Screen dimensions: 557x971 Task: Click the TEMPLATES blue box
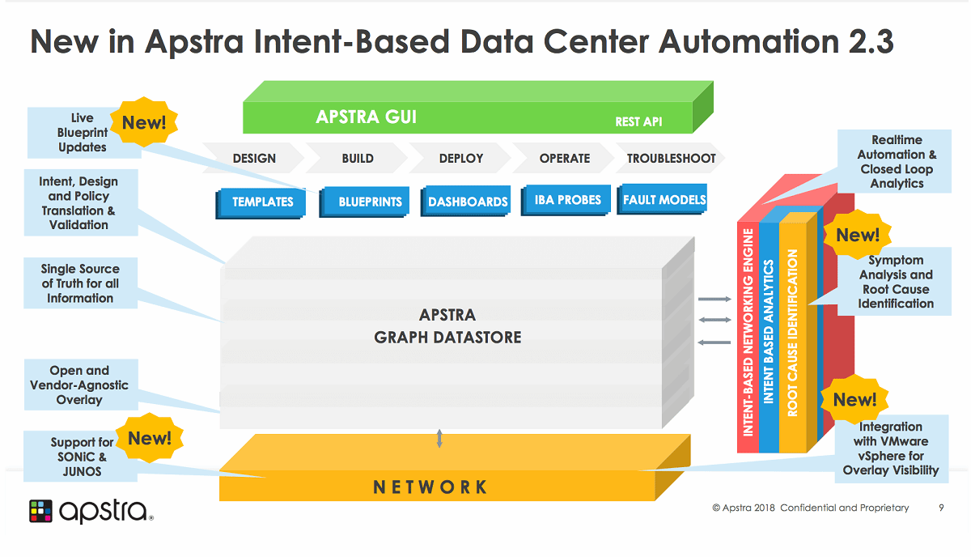262,202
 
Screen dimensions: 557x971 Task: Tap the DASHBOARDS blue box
467,202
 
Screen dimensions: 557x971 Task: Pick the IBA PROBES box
568,199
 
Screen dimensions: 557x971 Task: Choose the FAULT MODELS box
664,199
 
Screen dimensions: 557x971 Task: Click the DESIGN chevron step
254,159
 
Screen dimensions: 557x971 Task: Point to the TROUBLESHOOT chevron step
671,159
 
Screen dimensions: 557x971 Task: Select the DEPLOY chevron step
461,159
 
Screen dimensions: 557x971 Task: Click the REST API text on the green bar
638,122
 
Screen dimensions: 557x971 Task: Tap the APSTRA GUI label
366,117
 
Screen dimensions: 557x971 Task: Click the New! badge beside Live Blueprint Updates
144,123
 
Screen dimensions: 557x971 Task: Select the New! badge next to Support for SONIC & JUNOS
150,438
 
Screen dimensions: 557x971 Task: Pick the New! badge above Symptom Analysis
858,235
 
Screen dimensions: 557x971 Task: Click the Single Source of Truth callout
80,283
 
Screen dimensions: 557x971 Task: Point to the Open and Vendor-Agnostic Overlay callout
79,385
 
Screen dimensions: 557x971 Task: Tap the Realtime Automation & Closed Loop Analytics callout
897,162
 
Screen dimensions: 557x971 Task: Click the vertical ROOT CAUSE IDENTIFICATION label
793,332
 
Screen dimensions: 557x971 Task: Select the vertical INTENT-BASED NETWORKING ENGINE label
748,332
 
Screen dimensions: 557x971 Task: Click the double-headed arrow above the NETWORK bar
439,439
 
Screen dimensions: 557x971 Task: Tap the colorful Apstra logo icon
40,511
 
